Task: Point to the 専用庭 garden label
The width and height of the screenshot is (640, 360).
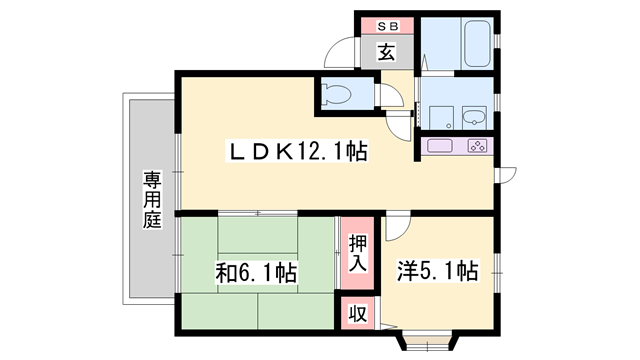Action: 151,200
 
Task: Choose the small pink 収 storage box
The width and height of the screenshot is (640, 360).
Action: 356,312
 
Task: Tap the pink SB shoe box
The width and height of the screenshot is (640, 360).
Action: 386,25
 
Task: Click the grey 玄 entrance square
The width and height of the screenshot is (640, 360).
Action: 386,52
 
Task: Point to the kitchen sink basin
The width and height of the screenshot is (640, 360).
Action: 441,147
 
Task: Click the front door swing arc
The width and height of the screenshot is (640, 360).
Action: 344,52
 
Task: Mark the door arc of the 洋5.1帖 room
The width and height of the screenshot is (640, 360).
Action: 395,227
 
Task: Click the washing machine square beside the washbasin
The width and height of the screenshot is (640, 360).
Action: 439,117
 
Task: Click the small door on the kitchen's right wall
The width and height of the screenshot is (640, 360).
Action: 506,175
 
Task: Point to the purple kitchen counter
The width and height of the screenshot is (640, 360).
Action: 458,147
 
